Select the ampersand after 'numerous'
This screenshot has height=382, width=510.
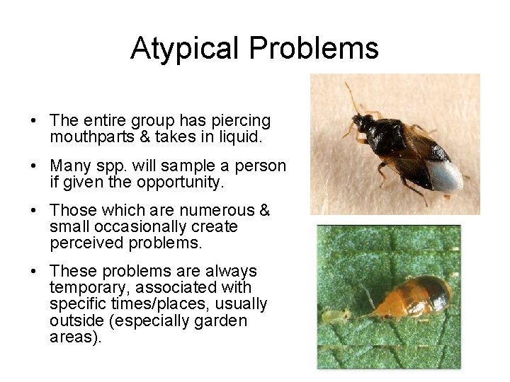pyautogui.click(x=265, y=212)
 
